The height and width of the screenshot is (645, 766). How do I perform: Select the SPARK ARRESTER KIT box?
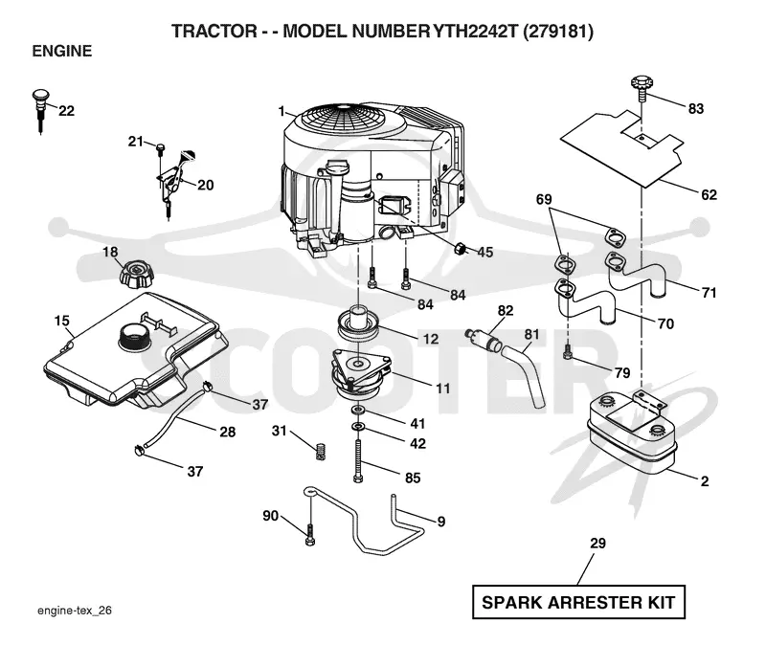(578, 602)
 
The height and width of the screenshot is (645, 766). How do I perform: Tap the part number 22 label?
(66, 111)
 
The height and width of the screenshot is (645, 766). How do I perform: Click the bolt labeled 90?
(309, 535)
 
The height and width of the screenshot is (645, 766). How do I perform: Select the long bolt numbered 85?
(358, 461)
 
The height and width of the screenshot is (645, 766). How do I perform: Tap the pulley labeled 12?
(359, 325)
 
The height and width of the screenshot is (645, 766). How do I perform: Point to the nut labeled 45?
(460, 249)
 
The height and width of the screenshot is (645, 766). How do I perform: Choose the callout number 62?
(709, 195)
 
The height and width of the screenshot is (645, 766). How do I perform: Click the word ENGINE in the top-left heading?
(62, 52)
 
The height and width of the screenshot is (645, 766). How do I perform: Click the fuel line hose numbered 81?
(523, 374)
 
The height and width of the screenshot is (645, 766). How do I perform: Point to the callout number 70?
(665, 323)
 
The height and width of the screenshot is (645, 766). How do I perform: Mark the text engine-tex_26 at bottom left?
(75, 611)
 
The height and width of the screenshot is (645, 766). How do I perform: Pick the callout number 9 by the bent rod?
(440, 522)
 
